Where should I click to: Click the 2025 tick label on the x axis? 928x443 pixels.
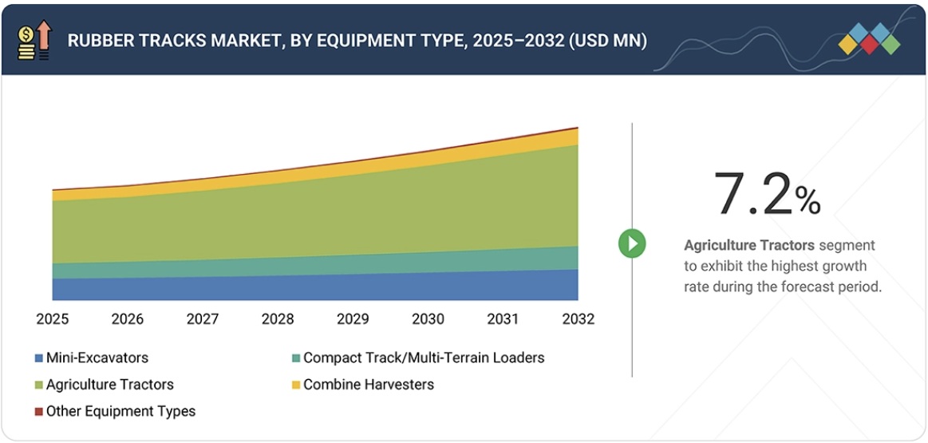(x=52, y=319)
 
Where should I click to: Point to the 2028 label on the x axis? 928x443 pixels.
(x=278, y=319)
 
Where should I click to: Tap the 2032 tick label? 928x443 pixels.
(x=579, y=319)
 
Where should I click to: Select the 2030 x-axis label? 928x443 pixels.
(x=428, y=319)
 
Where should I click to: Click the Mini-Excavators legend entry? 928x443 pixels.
(x=97, y=358)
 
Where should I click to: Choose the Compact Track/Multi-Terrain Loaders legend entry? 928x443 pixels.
(x=423, y=358)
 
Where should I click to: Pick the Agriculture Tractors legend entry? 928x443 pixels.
(x=109, y=385)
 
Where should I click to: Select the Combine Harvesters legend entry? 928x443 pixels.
(x=368, y=385)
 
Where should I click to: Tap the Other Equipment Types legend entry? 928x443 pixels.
(x=120, y=412)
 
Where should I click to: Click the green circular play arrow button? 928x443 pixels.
(x=632, y=243)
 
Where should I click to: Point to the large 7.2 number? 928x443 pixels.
(x=754, y=195)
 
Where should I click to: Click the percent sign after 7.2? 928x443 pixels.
(x=808, y=203)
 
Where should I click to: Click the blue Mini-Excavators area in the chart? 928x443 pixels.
(x=319, y=288)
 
